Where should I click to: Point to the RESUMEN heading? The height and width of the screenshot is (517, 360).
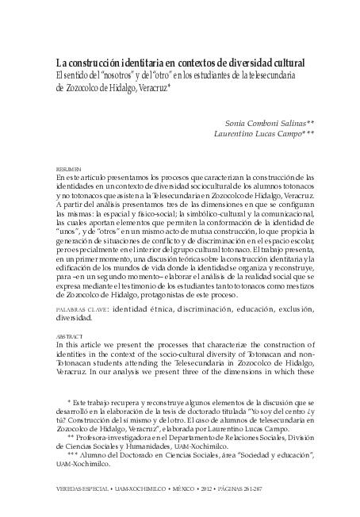(x=67, y=170)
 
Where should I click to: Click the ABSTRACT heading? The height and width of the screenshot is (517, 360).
(x=67, y=335)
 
